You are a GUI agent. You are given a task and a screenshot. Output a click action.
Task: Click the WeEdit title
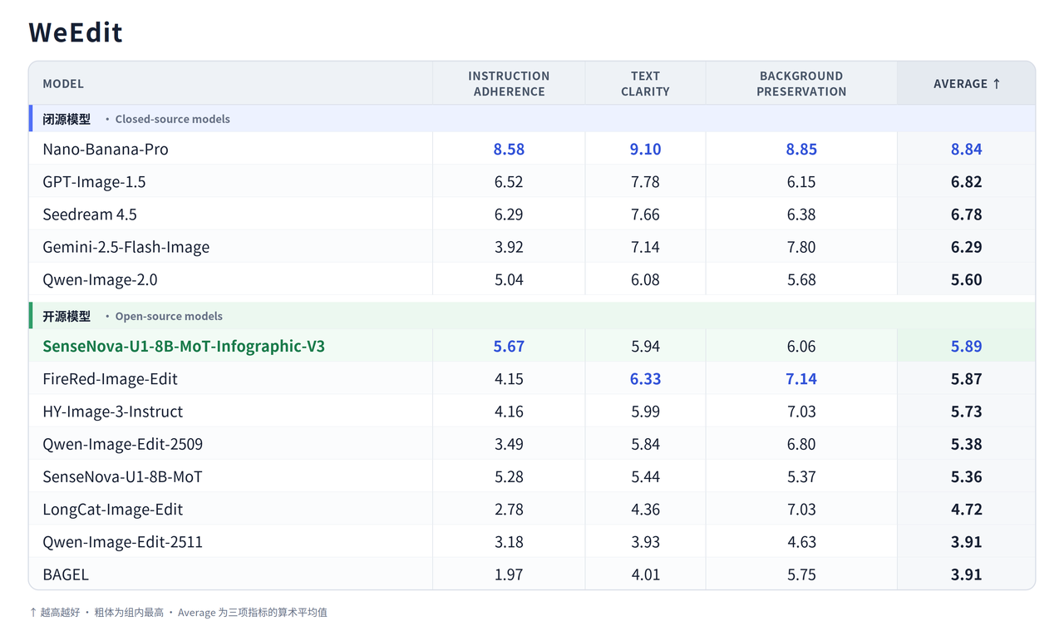[x=76, y=32]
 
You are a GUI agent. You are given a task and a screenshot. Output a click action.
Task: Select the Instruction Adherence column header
[x=509, y=84]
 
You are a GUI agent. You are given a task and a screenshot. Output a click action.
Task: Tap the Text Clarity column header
[x=645, y=84]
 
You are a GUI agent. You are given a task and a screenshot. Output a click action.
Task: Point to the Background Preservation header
[x=801, y=84]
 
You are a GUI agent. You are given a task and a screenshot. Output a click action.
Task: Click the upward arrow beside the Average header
[x=997, y=84]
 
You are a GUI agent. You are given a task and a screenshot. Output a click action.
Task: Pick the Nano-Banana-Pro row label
[x=106, y=149]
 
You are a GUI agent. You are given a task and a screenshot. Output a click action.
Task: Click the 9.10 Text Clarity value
[x=645, y=149]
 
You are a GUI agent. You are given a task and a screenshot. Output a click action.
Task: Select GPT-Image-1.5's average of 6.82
[x=966, y=181]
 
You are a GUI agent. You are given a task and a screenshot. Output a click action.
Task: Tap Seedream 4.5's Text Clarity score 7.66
[x=645, y=214]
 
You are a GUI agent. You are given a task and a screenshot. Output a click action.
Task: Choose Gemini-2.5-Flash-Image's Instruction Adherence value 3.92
[x=509, y=247]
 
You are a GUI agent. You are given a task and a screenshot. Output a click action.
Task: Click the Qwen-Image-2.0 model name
[x=100, y=280]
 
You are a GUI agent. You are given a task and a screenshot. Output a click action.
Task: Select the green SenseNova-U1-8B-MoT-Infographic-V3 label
[x=184, y=347]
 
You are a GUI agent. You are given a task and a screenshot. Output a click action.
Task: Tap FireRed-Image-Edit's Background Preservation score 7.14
[x=801, y=379]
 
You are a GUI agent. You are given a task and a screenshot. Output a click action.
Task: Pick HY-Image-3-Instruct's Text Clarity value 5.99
[x=645, y=412]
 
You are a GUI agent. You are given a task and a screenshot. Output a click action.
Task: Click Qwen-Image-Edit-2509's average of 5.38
[x=966, y=444]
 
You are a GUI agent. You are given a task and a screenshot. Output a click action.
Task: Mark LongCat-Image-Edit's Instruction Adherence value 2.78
[x=509, y=510]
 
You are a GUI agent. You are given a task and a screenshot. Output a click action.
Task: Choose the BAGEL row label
[x=66, y=574]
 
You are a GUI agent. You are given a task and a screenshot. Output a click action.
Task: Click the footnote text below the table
[x=179, y=613]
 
